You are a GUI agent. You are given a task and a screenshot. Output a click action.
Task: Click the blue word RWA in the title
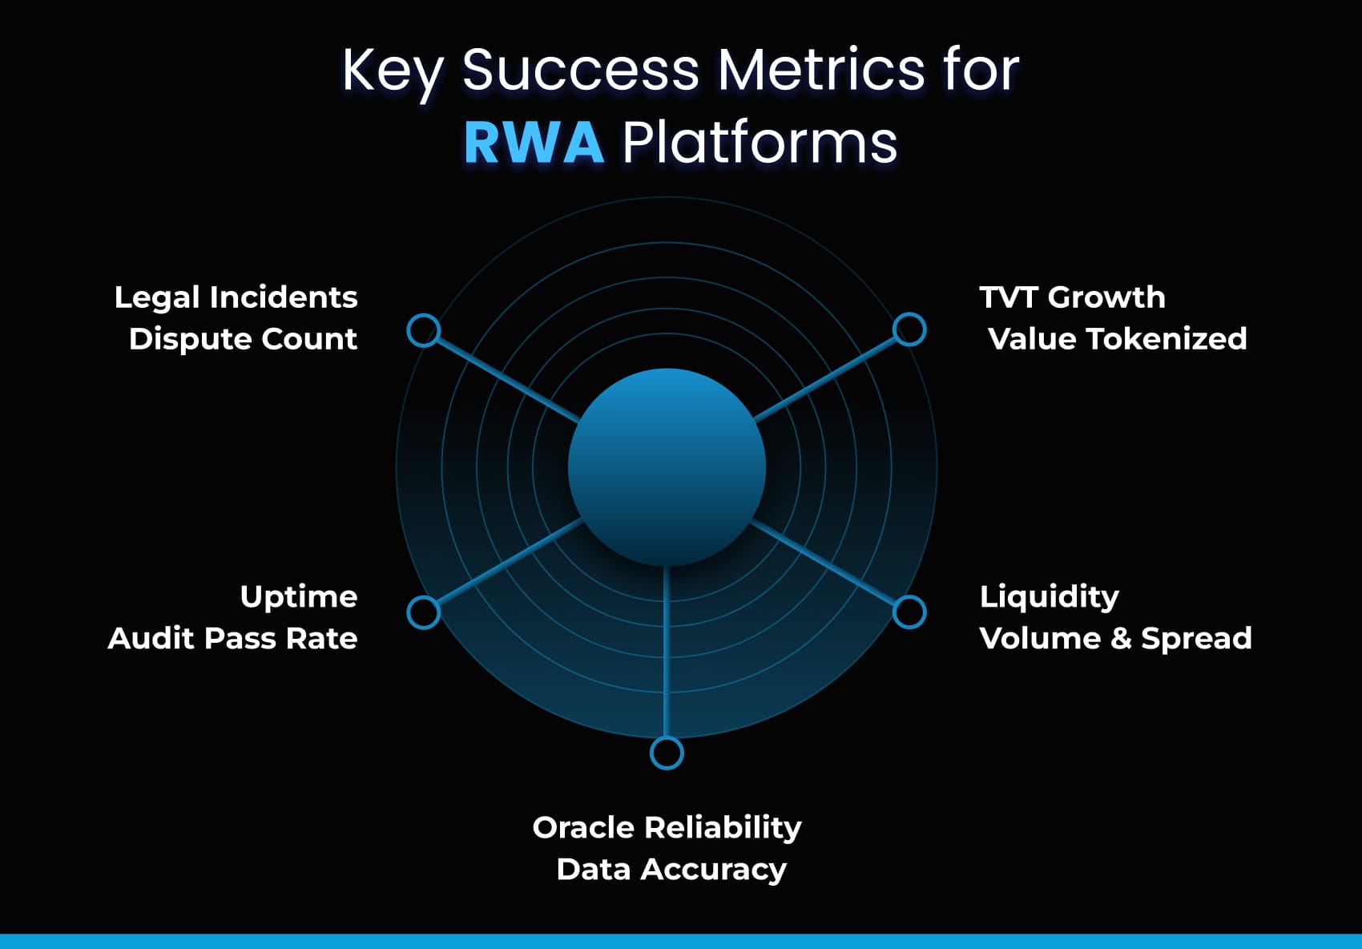[x=534, y=143]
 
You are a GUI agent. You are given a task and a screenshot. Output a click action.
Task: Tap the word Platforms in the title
[x=760, y=143]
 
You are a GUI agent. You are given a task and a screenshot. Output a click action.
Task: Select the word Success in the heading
[x=581, y=70]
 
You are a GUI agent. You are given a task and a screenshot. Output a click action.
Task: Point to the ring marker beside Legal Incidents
[x=424, y=330]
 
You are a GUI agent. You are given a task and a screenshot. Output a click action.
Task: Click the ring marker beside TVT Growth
[x=909, y=329]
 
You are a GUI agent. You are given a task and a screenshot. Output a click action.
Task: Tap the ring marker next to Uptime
[x=424, y=612]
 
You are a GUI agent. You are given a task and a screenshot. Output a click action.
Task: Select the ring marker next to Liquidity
[x=909, y=612]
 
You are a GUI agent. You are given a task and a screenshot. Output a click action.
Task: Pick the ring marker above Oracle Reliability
[x=667, y=753]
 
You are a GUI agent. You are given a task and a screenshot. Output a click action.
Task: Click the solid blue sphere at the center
[x=667, y=467]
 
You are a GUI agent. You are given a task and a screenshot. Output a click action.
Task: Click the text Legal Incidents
[x=236, y=297]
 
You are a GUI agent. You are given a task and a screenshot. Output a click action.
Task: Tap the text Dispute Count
[x=243, y=339]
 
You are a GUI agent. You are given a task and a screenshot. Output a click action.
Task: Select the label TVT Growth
[x=1072, y=297]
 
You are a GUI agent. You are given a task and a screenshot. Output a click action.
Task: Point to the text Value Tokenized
[x=1117, y=339]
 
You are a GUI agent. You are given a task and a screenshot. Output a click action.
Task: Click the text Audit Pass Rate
[x=232, y=639]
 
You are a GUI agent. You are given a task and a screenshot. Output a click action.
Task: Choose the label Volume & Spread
[x=1115, y=639]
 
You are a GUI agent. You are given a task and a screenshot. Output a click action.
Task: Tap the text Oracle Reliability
[x=667, y=828]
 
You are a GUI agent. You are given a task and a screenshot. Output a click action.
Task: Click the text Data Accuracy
[x=671, y=870]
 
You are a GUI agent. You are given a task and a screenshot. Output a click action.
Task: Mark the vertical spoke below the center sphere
[x=667, y=649]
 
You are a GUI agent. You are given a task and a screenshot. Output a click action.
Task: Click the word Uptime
[x=298, y=597]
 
